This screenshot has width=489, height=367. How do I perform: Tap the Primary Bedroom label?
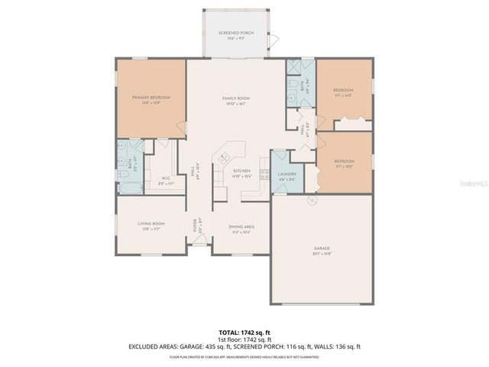point(151,98)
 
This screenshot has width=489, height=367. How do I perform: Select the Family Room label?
point(236,99)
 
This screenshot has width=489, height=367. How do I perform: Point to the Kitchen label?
point(241,171)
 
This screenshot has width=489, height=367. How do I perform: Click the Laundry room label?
point(287,174)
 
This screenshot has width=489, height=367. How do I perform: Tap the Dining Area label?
point(242,227)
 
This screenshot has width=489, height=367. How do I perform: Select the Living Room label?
point(151,224)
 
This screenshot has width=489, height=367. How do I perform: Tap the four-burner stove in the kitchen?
point(264,173)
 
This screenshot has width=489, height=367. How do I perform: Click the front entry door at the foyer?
point(197,244)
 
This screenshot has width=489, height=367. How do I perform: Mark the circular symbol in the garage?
point(311,200)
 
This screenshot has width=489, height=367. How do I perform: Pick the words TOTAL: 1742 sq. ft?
point(244,333)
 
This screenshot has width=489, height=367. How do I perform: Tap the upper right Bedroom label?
point(343,92)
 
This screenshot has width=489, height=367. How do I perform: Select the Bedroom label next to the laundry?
point(344,162)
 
